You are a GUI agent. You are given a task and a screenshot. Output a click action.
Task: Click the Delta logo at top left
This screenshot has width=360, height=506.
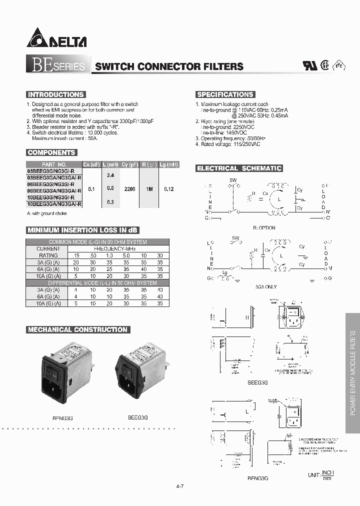[x=56, y=38]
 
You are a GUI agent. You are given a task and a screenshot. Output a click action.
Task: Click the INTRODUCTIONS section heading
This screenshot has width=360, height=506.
[x=55, y=94]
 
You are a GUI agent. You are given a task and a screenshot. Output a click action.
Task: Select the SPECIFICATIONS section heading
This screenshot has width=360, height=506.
[x=225, y=94]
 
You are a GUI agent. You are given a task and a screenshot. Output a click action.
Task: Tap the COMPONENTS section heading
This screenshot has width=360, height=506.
[x=51, y=152]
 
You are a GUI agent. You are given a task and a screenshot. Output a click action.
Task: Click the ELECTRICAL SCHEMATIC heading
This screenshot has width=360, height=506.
[x=239, y=168]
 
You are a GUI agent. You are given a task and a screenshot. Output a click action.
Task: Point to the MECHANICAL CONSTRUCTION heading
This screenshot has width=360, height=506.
[x=77, y=329]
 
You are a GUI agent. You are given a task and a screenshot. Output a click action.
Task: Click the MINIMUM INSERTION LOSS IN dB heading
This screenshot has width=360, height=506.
[x=82, y=230]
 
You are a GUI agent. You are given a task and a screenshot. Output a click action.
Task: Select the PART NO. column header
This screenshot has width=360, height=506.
[x=54, y=164]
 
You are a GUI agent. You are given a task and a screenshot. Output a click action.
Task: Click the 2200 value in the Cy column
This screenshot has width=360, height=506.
[x=129, y=189]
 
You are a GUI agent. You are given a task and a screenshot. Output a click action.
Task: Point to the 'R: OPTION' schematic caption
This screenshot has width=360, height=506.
[x=264, y=227]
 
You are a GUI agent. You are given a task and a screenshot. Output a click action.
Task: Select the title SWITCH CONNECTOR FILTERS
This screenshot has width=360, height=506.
[x=169, y=66]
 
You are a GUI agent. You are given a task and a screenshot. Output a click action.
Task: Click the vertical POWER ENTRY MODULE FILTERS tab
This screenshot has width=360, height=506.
[x=352, y=372]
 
